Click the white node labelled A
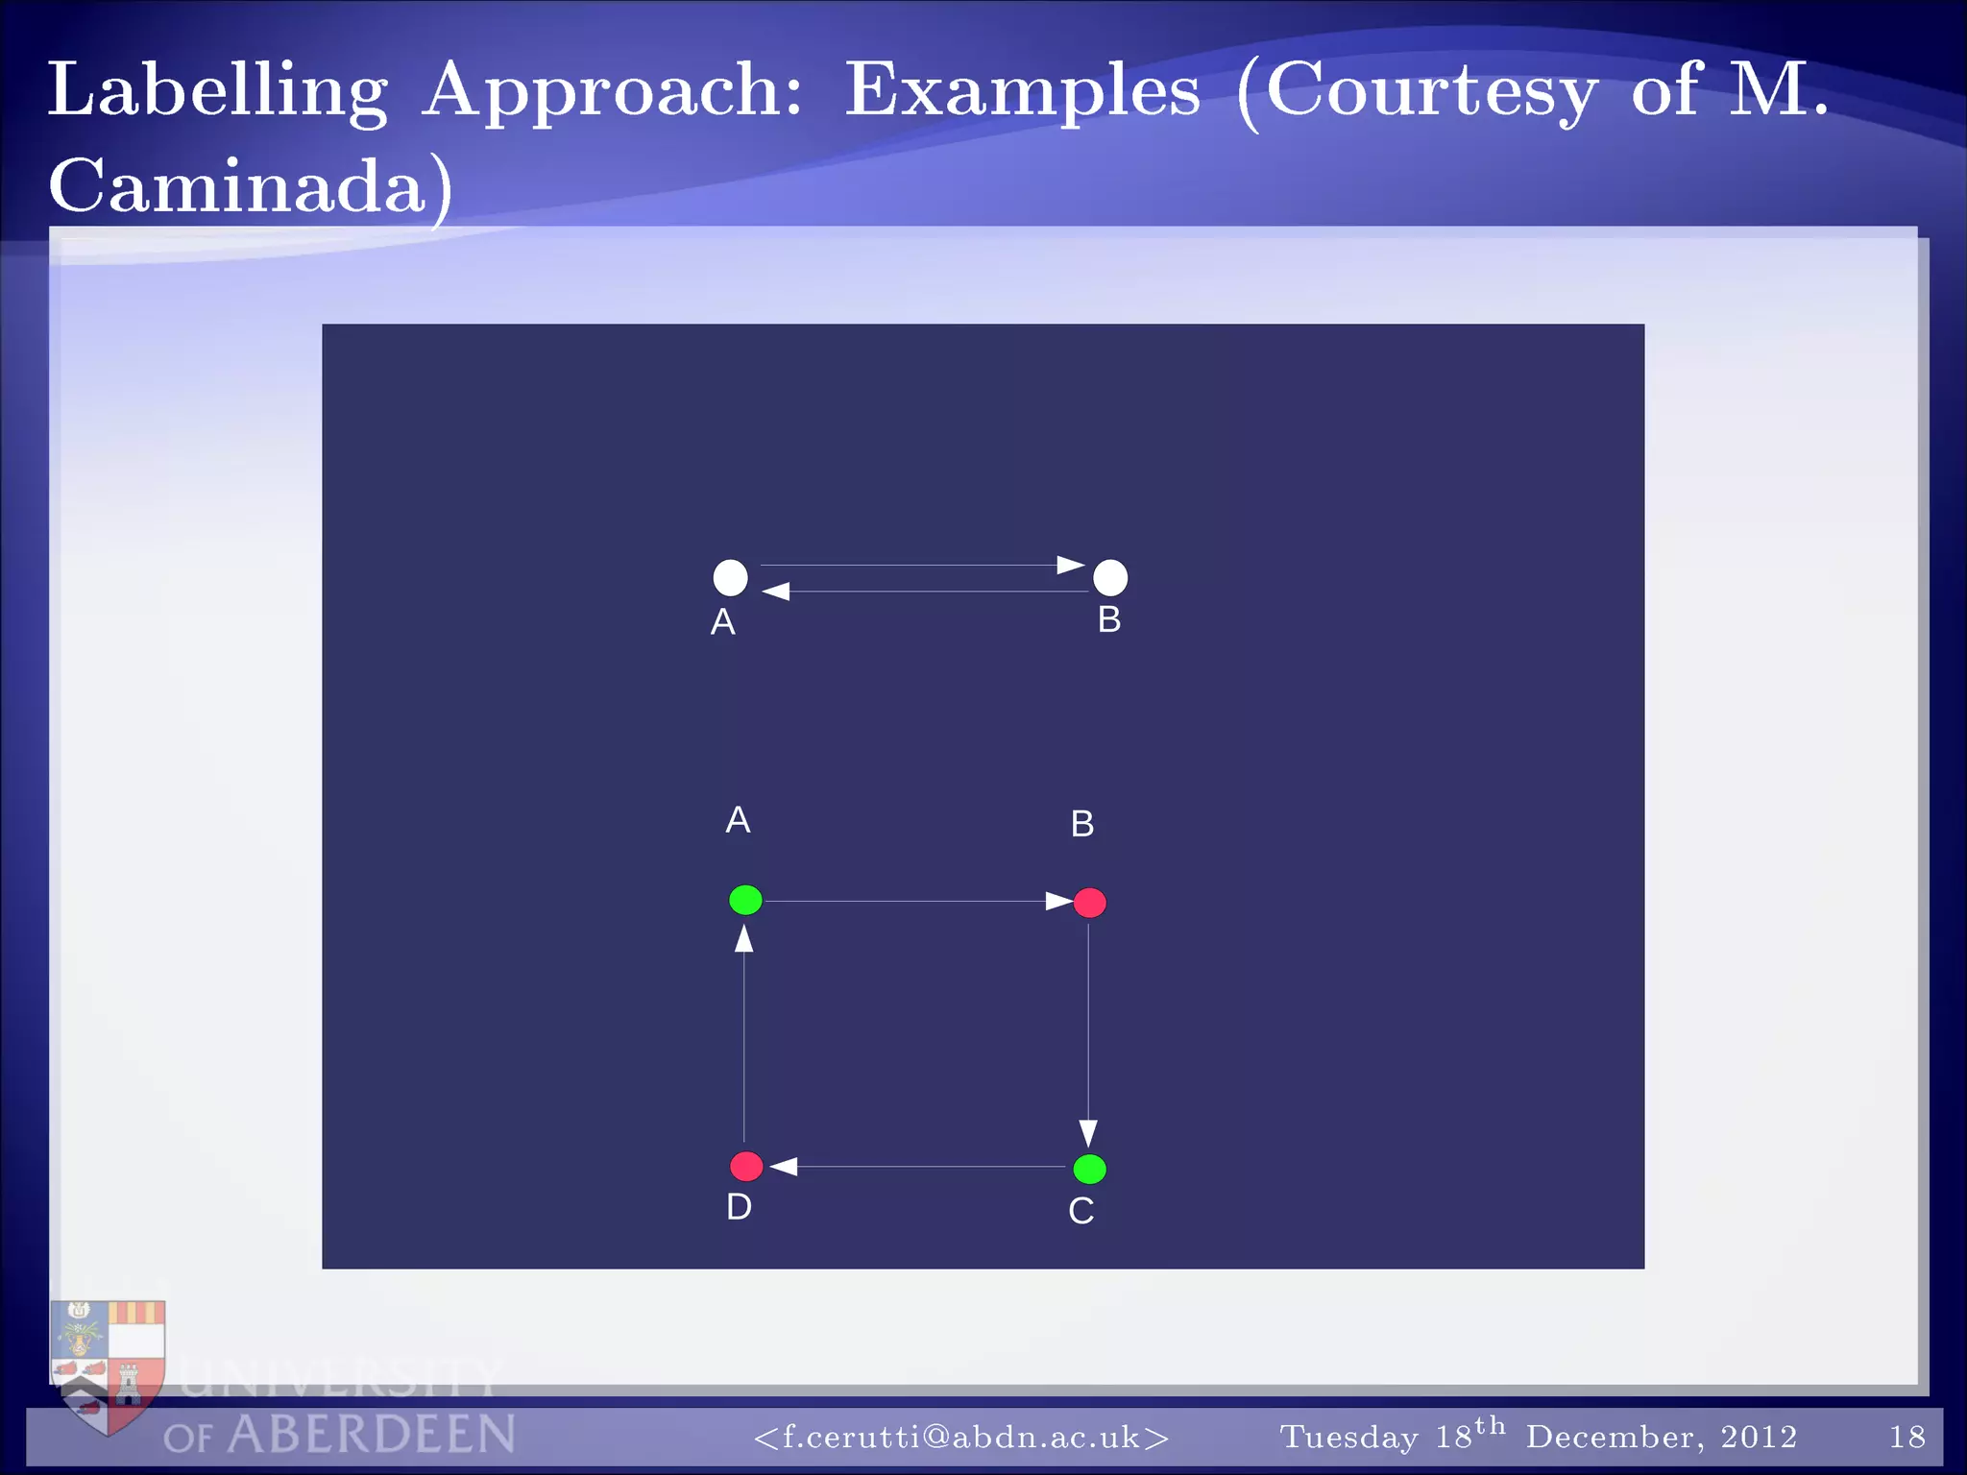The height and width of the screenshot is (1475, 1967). [730, 577]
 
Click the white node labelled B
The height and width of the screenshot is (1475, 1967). [1110, 577]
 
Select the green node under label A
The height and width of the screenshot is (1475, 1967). [745, 900]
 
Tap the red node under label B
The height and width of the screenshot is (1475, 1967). [1089, 902]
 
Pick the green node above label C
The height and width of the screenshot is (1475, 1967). [1089, 1169]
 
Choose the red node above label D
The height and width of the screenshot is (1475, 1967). [746, 1166]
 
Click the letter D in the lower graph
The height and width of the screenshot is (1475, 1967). [739, 1207]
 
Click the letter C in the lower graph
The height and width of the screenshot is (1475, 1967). [1081, 1211]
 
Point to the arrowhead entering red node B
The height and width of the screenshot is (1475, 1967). [1058, 901]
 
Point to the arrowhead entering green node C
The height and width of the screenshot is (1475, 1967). [1088, 1133]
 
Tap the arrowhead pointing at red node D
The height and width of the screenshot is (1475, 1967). [784, 1166]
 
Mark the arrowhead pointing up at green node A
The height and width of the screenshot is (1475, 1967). [744, 938]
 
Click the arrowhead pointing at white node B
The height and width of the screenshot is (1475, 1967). [1070, 565]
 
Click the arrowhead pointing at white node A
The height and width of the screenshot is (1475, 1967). [776, 592]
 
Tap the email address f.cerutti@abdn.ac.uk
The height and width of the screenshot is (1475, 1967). [961, 1437]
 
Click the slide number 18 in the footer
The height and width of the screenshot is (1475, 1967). [1906, 1437]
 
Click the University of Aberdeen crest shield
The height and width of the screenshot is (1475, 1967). [108, 1364]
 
